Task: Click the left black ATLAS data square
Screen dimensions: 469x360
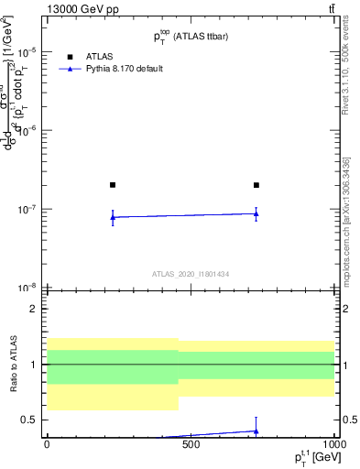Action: coord(113,185)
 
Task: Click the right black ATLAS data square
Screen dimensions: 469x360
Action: coord(256,185)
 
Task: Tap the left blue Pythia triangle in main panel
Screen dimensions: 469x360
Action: coord(113,217)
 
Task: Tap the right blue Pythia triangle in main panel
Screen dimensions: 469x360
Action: coord(256,213)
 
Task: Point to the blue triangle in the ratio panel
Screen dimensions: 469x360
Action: coord(256,431)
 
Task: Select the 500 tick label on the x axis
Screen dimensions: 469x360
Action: coord(191,446)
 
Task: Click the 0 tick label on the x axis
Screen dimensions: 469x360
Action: coord(47,446)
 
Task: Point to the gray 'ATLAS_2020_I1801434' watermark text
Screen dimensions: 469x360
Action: coord(190,274)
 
